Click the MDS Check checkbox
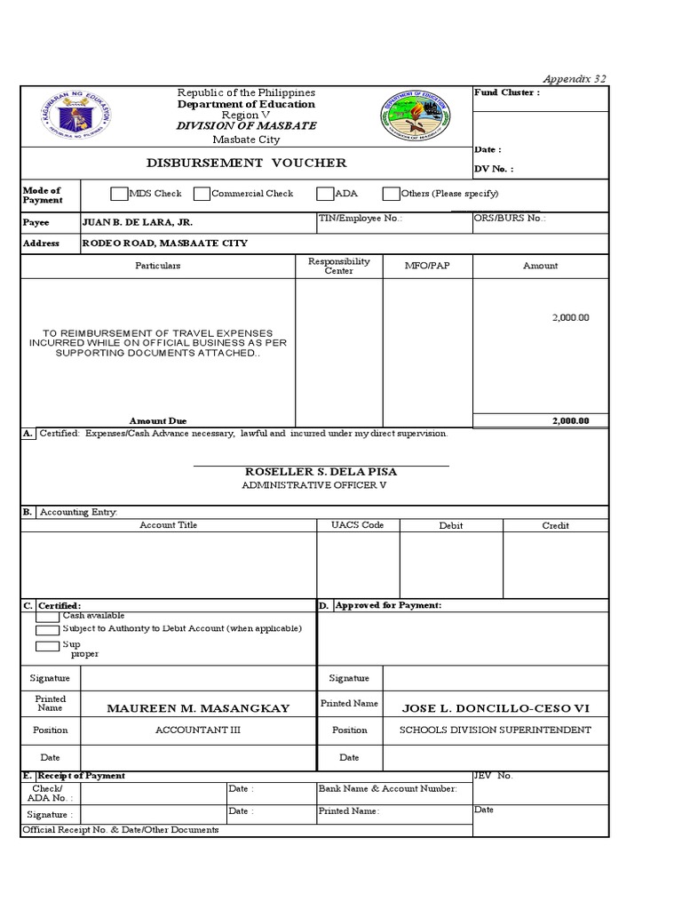click(119, 194)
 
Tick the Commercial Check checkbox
click(202, 194)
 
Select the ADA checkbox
click(325, 194)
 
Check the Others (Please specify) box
click(391, 194)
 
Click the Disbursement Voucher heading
click(246, 163)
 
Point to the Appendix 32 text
click(576, 79)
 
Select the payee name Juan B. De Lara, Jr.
click(137, 222)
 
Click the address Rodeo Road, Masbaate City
click(165, 243)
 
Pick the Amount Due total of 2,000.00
click(569, 421)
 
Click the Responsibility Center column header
click(338, 266)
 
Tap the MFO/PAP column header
click(427, 266)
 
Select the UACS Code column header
click(357, 525)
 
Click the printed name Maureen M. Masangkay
click(198, 708)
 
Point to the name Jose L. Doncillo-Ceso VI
click(496, 708)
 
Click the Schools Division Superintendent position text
click(495, 730)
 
